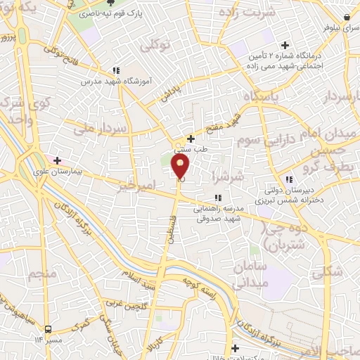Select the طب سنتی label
click(x=191, y=149)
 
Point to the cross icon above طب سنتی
click(x=191, y=139)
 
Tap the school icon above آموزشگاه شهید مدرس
click(x=116, y=70)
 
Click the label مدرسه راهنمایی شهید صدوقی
click(x=219, y=214)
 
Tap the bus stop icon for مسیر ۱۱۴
click(x=48, y=329)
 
